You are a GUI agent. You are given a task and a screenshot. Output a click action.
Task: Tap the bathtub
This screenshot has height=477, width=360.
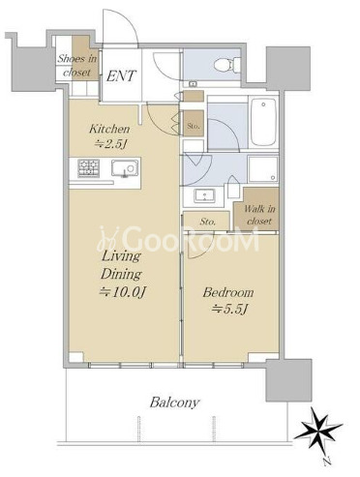(x=264, y=122)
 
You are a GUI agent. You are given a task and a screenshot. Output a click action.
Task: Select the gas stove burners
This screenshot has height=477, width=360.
(x=88, y=168)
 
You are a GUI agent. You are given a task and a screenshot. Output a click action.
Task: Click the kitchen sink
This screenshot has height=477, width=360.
(x=125, y=168)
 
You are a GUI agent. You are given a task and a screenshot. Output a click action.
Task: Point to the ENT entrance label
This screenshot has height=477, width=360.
(x=121, y=76)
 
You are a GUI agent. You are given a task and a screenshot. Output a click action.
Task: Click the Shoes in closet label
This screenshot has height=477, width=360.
(x=77, y=66)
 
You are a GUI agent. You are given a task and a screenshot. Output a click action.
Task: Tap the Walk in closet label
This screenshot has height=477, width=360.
(x=259, y=215)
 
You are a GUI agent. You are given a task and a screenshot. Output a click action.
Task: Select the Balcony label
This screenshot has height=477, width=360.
(x=174, y=402)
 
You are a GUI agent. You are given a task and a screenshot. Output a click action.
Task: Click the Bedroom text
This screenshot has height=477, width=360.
(x=228, y=293)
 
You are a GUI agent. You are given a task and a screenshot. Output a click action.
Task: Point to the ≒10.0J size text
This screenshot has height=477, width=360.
(x=123, y=292)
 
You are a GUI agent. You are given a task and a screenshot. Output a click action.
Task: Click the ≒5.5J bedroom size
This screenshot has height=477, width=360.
(x=229, y=310)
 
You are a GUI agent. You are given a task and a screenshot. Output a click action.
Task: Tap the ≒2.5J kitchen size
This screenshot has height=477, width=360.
(x=109, y=144)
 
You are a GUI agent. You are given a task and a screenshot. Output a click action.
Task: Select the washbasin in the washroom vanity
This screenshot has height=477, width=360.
(x=204, y=195)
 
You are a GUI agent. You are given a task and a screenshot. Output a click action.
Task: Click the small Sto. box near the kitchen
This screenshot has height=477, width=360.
(x=194, y=126)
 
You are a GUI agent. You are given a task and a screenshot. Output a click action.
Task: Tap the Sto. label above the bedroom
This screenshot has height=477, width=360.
(x=207, y=222)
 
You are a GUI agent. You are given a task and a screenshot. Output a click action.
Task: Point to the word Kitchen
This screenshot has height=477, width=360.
(x=109, y=130)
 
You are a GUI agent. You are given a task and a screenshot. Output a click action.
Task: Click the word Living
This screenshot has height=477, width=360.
(x=121, y=257)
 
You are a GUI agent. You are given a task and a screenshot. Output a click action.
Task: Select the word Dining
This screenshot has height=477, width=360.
(x=121, y=275)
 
